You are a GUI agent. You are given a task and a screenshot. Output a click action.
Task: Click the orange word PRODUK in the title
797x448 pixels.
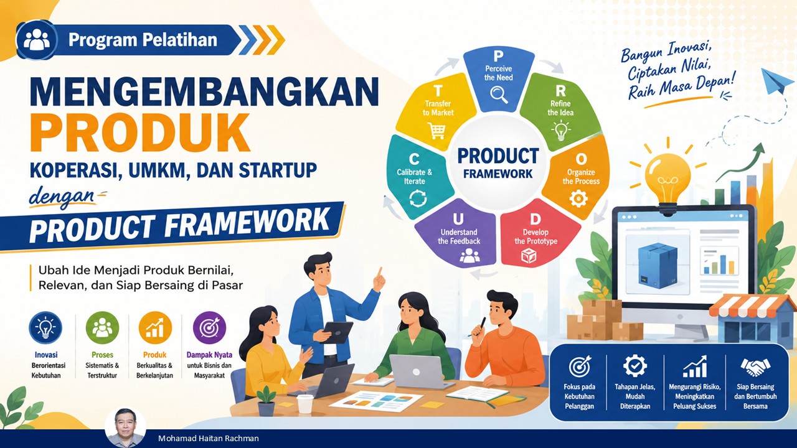coord(140,133)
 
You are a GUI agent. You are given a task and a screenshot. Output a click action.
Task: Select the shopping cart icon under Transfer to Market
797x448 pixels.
coord(436,131)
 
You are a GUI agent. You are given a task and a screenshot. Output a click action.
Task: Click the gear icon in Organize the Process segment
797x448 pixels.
coord(578,198)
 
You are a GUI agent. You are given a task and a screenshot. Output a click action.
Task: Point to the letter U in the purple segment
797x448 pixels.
coord(458,220)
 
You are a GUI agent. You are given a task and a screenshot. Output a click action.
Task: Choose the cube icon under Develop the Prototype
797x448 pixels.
coord(529,256)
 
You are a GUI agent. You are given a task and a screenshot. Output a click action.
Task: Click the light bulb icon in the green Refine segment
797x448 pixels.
coord(561,130)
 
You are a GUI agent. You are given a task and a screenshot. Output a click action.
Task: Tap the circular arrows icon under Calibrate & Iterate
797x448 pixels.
coord(418,198)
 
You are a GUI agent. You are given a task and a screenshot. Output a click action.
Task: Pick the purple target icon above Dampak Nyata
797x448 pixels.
coord(209,328)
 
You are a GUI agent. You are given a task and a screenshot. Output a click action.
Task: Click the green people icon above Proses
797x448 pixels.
coord(102,328)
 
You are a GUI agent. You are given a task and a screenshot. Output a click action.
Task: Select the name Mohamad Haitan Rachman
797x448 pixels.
coord(209,439)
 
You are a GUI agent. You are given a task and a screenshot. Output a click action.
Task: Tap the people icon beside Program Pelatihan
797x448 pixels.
coord(36,39)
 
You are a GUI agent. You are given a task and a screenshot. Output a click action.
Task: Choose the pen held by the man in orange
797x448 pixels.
coord(478,327)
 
